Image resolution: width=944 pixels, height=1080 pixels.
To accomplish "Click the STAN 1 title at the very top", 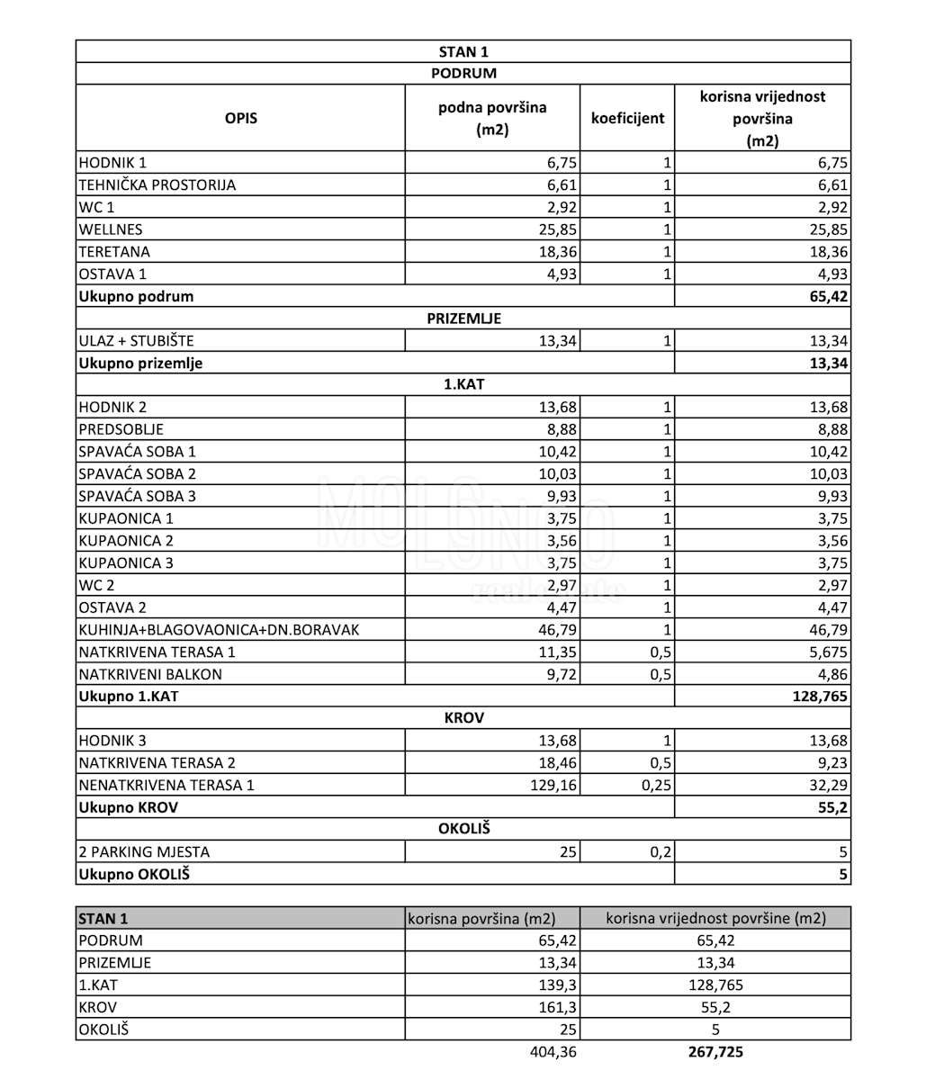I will coord(463,51).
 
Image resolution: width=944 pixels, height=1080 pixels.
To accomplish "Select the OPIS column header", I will coord(240,118).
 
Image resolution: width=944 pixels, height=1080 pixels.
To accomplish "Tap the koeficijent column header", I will coord(627,118).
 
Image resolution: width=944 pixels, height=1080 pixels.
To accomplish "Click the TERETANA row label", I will coord(114,252).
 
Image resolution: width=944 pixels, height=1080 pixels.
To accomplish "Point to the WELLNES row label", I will coord(111,229).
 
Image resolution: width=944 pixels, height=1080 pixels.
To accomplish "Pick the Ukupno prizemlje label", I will coord(140,364).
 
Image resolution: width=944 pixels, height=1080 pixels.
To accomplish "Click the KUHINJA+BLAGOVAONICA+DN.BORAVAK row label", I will coord(219,630).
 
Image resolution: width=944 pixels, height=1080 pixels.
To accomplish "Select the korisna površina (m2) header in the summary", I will coord(481,919).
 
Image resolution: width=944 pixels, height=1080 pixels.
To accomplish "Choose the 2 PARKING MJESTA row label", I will coord(144,851).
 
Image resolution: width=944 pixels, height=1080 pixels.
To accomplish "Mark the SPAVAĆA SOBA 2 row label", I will coord(137,474).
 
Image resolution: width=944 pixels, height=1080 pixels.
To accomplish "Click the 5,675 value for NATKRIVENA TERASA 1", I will coord(827,652).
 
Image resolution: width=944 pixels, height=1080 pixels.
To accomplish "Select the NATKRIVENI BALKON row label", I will coord(150,674).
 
